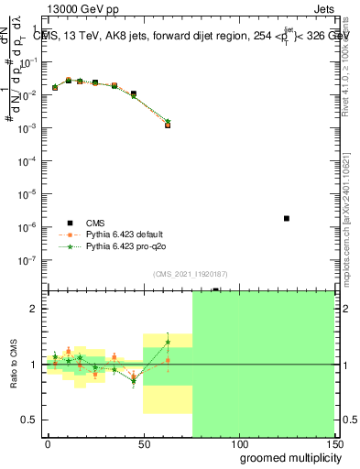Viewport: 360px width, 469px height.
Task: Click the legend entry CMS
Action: (96, 223)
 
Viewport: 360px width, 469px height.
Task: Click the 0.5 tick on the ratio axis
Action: (29, 420)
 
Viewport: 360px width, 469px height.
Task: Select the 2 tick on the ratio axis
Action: (34, 309)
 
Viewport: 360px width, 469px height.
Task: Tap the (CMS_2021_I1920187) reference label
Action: (189, 273)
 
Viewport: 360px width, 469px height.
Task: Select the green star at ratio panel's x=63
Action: (168, 343)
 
